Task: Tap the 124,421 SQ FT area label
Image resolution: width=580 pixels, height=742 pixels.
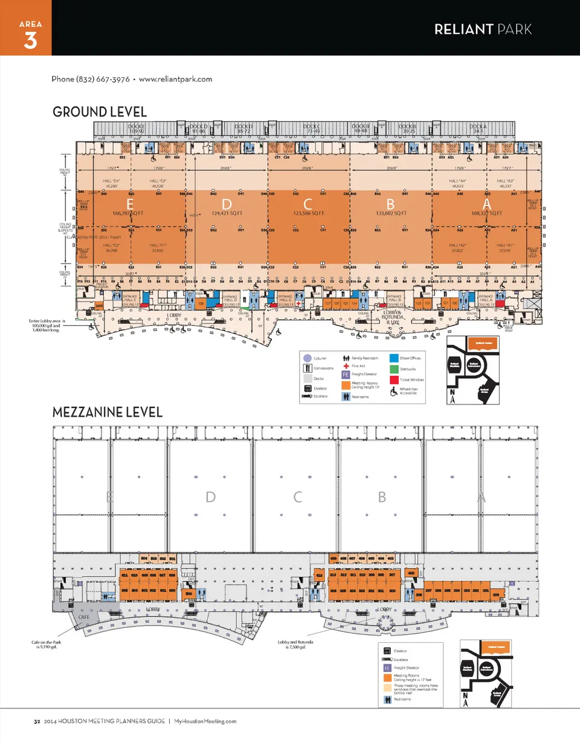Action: pyautogui.click(x=227, y=213)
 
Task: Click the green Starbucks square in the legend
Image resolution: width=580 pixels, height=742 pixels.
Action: pyautogui.click(x=395, y=369)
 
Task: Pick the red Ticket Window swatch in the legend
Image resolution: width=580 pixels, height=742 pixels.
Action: pyautogui.click(x=395, y=379)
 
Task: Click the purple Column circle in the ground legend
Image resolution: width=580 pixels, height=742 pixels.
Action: pyautogui.click(x=307, y=358)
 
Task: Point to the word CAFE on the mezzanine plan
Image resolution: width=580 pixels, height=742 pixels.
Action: pyautogui.click(x=85, y=616)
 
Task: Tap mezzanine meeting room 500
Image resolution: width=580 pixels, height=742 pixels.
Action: pyautogui.click(x=189, y=594)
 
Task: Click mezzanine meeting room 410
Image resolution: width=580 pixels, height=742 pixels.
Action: pyautogui.click(x=319, y=576)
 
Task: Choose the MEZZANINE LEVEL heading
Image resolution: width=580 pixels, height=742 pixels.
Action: pyautogui.click(x=108, y=413)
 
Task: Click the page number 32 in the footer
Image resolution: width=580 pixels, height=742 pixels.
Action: pyautogui.click(x=37, y=721)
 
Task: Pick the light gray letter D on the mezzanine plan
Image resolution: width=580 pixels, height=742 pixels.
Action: pyautogui.click(x=210, y=497)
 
